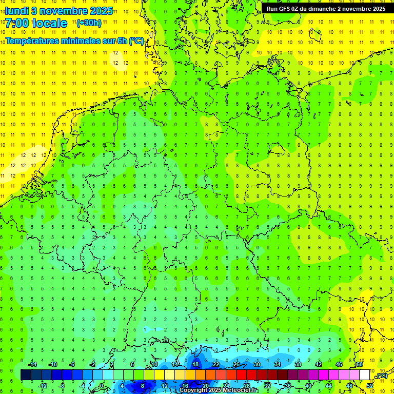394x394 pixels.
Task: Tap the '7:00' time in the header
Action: [18, 23]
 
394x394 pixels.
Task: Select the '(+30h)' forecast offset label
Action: [88, 23]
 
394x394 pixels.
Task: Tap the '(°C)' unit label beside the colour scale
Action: [381, 376]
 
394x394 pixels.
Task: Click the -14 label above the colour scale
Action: [32, 364]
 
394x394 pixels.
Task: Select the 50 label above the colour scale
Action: [359, 364]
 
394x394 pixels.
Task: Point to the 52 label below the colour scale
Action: [369, 386]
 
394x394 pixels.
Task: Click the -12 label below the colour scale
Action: [43, 386]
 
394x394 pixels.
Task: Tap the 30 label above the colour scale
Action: [257, 364]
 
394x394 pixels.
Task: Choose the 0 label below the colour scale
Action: [102, 386]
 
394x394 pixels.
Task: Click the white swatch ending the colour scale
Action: [364, 375]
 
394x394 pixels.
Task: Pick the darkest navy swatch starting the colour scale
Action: [26, 375]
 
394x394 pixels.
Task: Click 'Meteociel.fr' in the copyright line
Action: [242, 390]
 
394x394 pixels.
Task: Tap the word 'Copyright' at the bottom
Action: [193, 390]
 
